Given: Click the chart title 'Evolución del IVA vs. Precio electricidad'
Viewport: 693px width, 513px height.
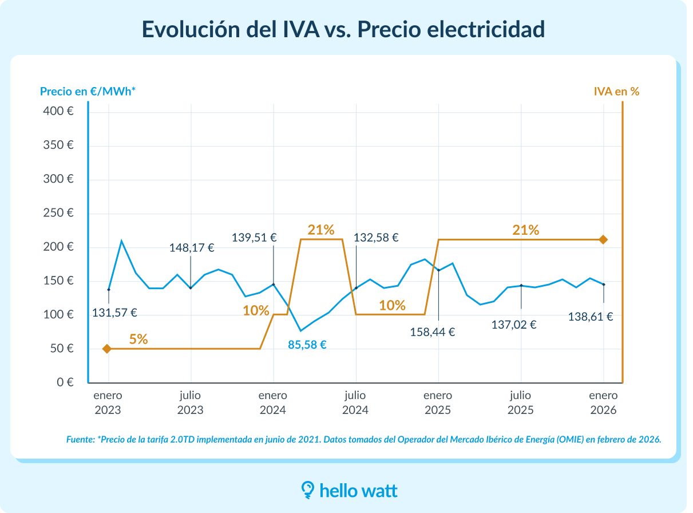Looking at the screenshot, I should [x=343, y=29].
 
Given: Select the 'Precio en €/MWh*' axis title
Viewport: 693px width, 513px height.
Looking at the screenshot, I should [x=88, y=91].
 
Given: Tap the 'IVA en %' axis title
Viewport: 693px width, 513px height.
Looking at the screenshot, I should [x=616, y=91].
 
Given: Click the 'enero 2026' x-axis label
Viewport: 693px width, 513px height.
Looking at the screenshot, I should [x=603, y=402].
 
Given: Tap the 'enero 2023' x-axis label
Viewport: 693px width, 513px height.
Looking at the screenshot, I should [x=108, y=402].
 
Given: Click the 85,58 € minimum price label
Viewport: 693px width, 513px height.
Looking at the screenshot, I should [x=307, y=345].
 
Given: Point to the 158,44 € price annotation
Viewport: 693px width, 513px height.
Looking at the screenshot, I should [x=433, y=332].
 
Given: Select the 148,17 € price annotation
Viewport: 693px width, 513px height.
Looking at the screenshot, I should [x=192, y=248].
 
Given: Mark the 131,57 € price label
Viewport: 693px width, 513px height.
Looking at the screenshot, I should [x=114, y=313].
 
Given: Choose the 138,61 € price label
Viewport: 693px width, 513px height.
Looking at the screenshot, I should [x=591, y=317].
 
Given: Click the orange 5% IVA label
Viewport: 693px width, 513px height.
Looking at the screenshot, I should [x=138, y=338].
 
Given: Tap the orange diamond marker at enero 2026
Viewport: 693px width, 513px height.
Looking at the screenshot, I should [x=603, y=239].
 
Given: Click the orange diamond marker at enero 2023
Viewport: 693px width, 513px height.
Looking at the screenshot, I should [x=107, y=349].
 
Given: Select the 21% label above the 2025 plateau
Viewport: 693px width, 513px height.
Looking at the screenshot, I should [x=525, y=230].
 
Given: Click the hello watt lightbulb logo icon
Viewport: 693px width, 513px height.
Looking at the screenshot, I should [x=308, y=490].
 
